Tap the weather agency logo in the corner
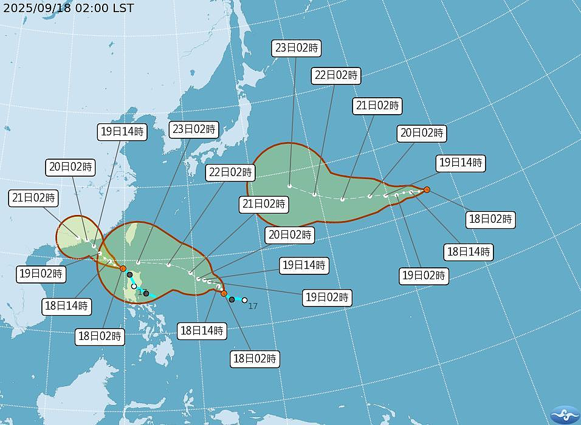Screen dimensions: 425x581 [x=565, y=415]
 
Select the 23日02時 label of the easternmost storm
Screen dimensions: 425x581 [x=297, y=48]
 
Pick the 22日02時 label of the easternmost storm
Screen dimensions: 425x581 [x=336, y=76]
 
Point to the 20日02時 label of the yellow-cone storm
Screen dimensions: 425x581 [x=70, y=167]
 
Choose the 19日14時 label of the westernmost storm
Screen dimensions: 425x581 [x=122, y=132]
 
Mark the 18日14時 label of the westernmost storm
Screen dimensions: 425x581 [x=66, y=305]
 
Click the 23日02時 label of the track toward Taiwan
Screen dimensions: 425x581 [x=194, y=129]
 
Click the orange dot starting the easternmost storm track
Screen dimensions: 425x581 [x=427, y=189]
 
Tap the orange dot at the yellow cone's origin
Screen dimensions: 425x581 [x=123, y=268]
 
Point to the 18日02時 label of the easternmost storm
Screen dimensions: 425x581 [x=491, y=219]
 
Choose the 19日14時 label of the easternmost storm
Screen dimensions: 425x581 [x=460, y=163]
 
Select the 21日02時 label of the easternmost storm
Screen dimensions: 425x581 [x=377, y=106]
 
